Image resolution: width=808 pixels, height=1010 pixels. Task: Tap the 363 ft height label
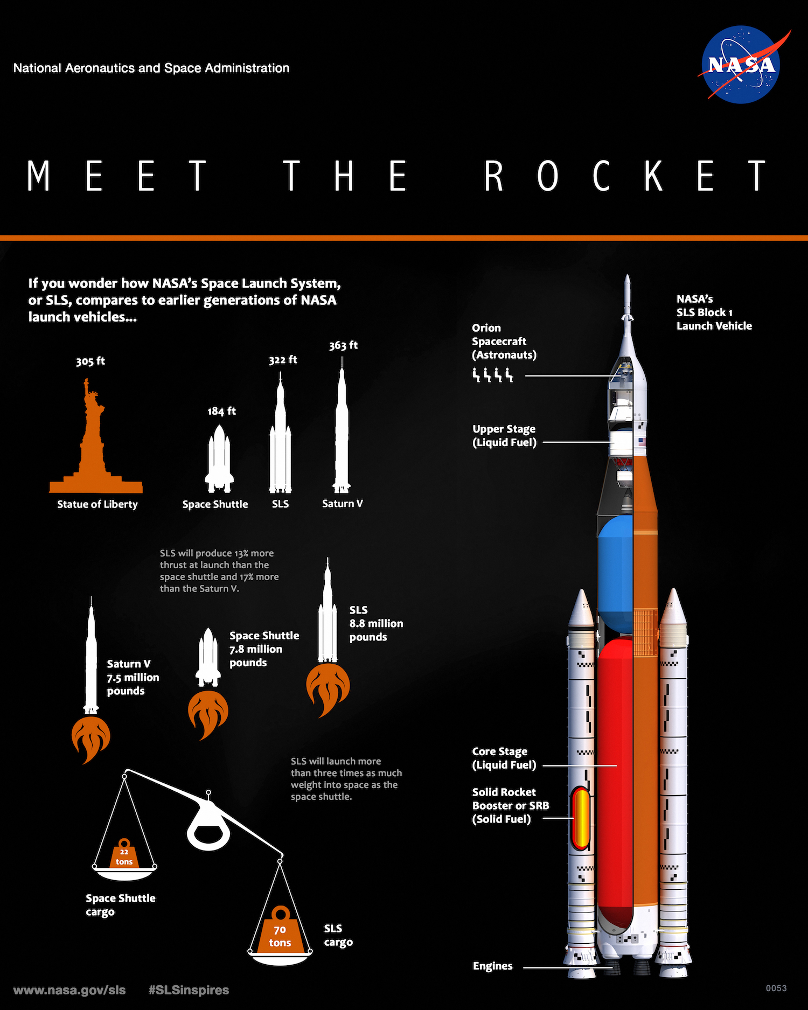343,345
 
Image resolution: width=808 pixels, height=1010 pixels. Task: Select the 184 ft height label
221,411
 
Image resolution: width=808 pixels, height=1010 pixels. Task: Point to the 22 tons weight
124,853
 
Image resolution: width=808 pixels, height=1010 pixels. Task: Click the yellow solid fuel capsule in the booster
580,818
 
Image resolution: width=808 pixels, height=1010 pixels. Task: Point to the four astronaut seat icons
492,375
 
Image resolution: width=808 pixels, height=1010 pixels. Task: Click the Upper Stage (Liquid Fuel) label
504,436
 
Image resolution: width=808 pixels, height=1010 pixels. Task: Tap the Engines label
492,966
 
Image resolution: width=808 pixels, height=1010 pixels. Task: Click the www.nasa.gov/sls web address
69,990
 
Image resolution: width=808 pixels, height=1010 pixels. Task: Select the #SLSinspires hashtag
189,990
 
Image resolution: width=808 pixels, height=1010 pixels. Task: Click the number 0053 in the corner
776,988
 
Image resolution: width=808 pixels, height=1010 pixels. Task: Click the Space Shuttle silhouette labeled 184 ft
219,459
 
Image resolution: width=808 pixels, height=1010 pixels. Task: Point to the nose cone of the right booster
673,606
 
